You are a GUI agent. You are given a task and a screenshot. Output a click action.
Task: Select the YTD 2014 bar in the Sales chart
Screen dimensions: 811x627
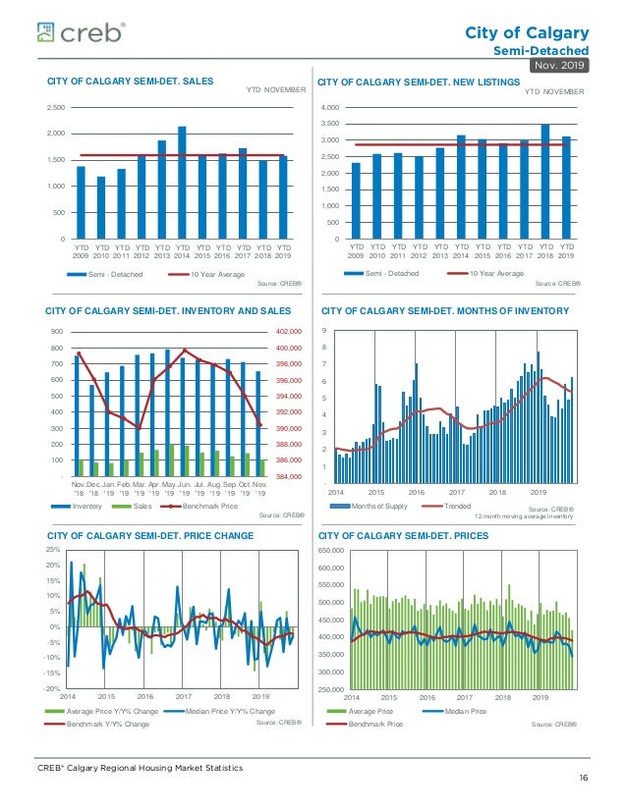(182, 183)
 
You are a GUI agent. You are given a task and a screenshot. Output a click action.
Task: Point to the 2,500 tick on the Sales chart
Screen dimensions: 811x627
(56, 107)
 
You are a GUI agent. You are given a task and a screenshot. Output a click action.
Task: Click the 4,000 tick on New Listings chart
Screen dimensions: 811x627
(331, 107)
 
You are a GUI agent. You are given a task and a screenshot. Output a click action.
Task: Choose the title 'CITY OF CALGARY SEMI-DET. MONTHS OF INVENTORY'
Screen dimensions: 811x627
(445, 311)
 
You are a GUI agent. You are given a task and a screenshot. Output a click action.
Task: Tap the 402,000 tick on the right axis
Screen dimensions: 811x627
(288, 332)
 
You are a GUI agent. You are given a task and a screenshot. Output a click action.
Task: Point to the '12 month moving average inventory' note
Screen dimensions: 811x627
(524, 515)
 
